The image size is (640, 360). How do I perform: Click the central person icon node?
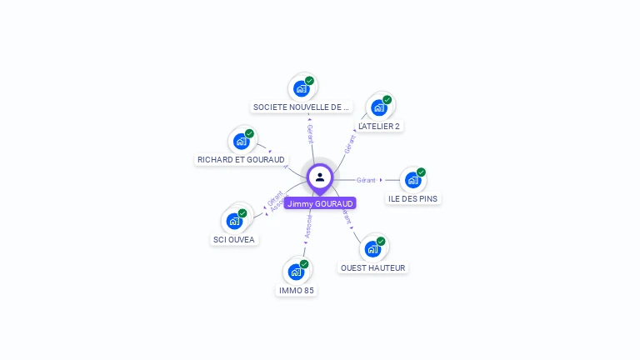click(320, 177)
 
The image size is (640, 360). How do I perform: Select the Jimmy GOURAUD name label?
click(320, 203)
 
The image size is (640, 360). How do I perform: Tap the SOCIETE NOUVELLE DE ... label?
click(302, 107)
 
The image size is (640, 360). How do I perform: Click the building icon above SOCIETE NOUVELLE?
click(301, 88)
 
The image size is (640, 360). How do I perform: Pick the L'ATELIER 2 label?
click(379, 126)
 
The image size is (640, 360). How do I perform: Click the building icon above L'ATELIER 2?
click(379, 107)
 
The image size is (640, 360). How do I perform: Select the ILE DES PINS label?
click(413, 198)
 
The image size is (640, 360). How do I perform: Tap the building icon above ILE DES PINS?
click(412, 179)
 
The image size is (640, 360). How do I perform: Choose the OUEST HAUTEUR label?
click(373, 267)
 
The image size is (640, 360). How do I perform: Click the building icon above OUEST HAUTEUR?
click(372, 248)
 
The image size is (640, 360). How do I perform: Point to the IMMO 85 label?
click(297, 290)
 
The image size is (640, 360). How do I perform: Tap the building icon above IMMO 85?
click(296, 272)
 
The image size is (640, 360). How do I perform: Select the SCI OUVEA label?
click(234, 239)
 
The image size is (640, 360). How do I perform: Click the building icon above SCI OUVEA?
click(234, 221)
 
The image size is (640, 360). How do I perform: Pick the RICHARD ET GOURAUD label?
click(241, 159)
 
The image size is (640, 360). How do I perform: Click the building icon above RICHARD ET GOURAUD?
click(242, 141)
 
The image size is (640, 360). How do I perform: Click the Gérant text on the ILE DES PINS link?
click(367, 180)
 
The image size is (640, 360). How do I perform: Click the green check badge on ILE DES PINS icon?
click(421, 172)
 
